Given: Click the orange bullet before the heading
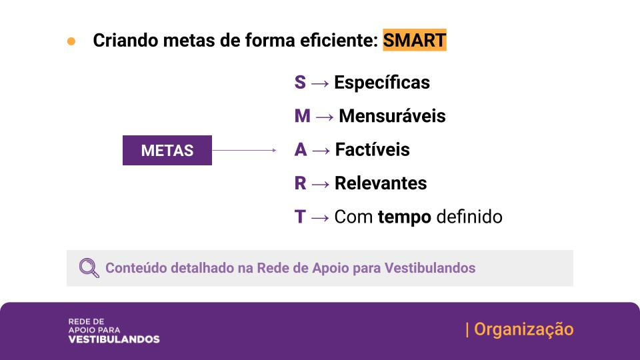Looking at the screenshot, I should pyautogui.click(x=71, y=41).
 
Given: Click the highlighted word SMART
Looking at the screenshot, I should pyautogui.click(x=414, y=40).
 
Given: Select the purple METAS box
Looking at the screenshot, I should pyautogui.click(x=167, y=150).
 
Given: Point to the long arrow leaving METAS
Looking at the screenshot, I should pyautogui.click(x=244, y=150).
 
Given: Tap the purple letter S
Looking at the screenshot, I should pyautogui.click(x=300, y=83).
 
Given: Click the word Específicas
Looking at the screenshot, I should pyautogui.click(x=382, y=83).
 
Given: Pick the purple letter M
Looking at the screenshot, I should pyautogui.click(x=302, y=116).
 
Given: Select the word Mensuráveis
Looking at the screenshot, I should pyautogui.click(x=392, y=116).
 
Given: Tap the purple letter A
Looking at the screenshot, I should pyautogui.click(x=301, y=150).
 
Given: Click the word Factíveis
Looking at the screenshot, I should pyautogui.click(x=372, y=150).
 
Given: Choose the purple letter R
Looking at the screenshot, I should pyautogui.click(x=301, y=183).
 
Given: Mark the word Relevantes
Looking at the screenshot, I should pyautogui.click(x=381, y=183).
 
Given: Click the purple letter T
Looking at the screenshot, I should pyautogui.click(x=300, y=217).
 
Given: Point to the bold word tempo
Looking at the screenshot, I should pyautogui.click(x=404, y=217).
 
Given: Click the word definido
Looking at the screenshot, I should pyautogui.click(x=469, y=217).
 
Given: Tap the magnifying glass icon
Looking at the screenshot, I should pyautogui.click(x=89, y=268).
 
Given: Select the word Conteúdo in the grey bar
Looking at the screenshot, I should pyautogui.click(x=136, y=268).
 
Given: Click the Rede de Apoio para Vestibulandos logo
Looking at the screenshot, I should pyautogui.click(x=113, y=330).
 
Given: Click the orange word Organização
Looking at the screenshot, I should pyautogui.click(x=523, y=329).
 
